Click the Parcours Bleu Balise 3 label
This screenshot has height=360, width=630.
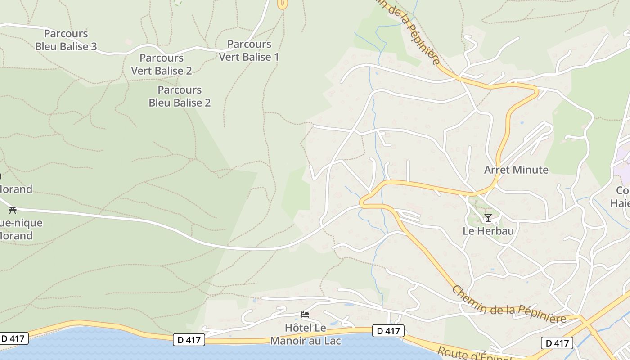pos(66,40)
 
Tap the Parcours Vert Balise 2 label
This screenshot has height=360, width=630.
pos(162,64)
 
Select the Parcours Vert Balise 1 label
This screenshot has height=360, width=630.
pos(249,50)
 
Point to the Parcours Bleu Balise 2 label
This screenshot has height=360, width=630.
pos(180,96)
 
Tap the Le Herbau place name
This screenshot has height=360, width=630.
pos(488,231)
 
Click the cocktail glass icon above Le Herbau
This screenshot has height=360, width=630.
pos(488,218)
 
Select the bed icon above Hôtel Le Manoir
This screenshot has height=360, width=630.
pos(305,315)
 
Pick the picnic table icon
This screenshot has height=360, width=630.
pos(13,210)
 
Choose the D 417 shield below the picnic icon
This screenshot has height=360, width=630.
pos(14,338)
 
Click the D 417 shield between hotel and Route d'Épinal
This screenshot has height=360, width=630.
pos(388,331)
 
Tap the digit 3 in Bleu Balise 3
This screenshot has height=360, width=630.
pos(93,46)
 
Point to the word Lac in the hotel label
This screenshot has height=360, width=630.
pos(331,341)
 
